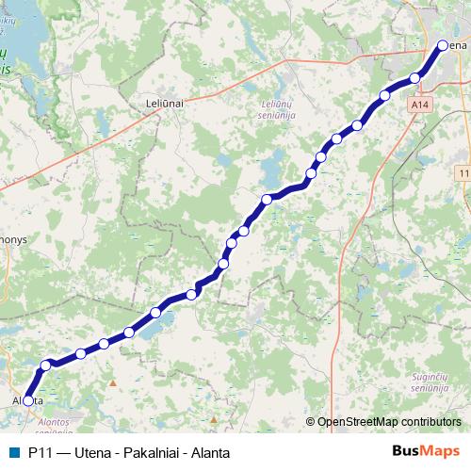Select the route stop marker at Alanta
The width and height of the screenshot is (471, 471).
28,400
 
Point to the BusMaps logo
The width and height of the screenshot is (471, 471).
425,452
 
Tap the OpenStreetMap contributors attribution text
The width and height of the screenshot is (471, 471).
389,423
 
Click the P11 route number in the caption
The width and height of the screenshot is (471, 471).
41,452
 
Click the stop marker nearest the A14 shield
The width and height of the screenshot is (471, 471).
414,77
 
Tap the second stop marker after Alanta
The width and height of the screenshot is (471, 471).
81,353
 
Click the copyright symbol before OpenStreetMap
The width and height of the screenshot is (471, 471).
310,423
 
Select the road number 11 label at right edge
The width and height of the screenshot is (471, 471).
464,174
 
